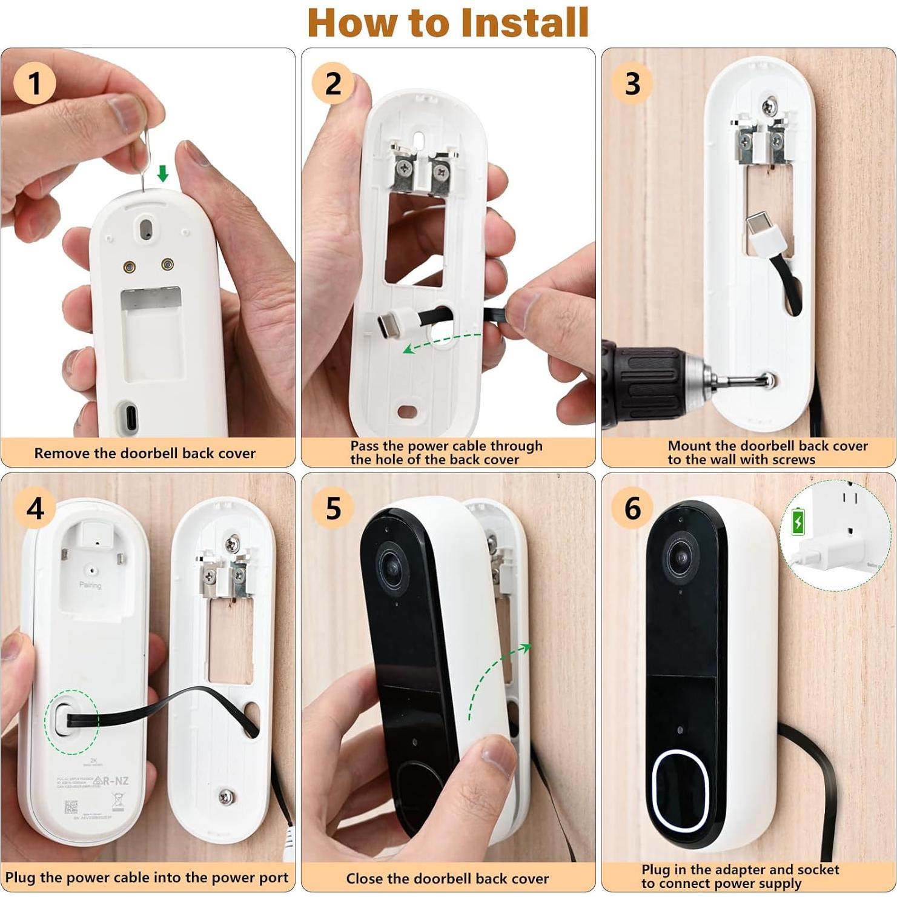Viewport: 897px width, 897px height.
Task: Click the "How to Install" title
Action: (448, 23)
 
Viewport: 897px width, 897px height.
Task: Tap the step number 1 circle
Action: (35, 83)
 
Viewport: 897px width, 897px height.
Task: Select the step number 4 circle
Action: (35, 508)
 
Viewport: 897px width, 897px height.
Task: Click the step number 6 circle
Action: (632, 508)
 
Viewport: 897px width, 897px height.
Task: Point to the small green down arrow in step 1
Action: (162, 174)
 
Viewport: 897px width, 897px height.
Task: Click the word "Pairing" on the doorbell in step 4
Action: (90, 585)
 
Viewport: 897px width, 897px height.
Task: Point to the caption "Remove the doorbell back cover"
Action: (145, 453)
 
